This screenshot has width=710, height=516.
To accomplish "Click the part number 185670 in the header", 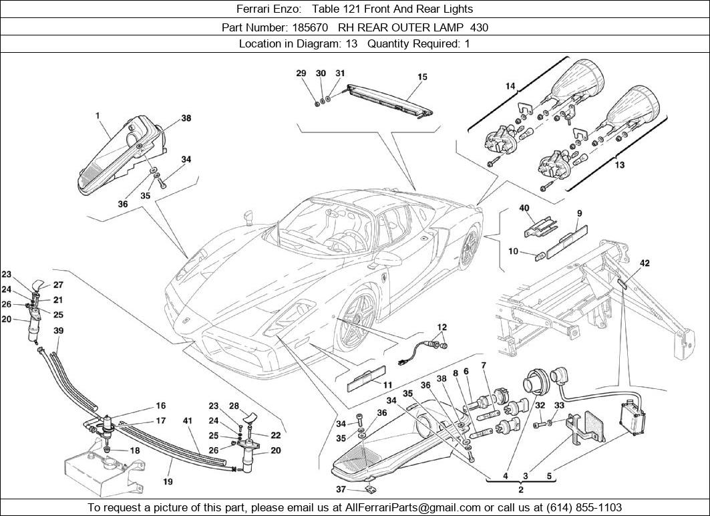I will tap(310, 27).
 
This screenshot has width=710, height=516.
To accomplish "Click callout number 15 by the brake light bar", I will tap(422, 78).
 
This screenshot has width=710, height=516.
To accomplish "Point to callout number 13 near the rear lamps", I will tap(619, 165).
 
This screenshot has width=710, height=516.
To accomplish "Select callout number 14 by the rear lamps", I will tap(510, 86).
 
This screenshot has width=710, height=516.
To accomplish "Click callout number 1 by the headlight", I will tap(98, 116).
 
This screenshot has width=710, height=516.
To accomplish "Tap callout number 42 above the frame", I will tap(644, 263).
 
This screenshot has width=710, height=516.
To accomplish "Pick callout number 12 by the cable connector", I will tap(441, 328).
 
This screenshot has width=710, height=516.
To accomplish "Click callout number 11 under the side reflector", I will tap(387, 384).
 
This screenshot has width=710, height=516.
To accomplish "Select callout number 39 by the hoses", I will tap(59, 332).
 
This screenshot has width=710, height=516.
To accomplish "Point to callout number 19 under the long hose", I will tap(167, 481).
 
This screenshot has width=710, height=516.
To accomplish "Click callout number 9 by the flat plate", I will tap(579, 213).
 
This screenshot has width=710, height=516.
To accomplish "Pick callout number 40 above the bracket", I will tap(524, 209).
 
